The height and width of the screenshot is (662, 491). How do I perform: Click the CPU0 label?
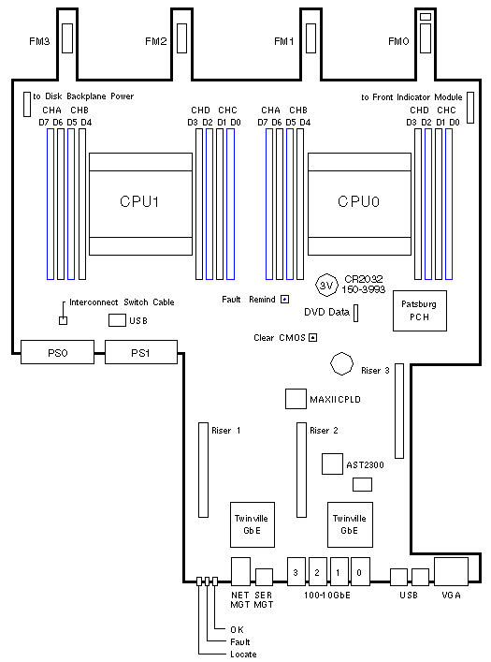pos(358,201)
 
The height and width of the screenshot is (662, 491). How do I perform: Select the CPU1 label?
pos(139,201)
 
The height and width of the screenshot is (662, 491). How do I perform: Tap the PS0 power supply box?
pos(57,352)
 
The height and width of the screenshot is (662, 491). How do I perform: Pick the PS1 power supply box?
pos(141,352)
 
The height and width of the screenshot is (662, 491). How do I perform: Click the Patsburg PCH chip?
pos(420,311)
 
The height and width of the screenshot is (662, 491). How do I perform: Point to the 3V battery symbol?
pos(327,285)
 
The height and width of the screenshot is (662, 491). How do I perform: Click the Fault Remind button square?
pos(285,300)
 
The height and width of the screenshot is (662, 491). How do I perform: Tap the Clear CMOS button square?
pos(313,337)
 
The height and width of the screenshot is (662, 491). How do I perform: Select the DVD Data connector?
pos(355,313)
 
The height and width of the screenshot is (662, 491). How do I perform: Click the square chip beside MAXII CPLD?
pos(296,399)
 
